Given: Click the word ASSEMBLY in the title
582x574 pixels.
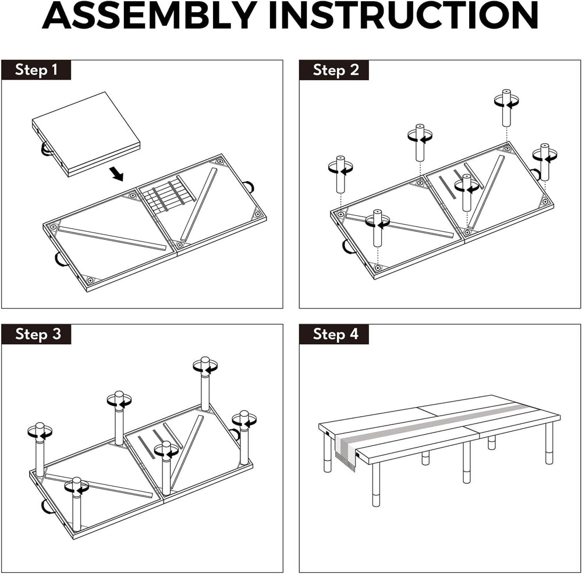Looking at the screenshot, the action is point(150,15).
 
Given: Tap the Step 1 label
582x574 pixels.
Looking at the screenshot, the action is point(36,70).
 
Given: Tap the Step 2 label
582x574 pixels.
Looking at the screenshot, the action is point(336,70).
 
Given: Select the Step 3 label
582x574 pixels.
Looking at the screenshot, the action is point(38,334).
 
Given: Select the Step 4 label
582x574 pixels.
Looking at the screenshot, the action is point(336,334).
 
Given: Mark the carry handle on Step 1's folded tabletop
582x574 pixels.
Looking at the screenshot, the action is point(45,150).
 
